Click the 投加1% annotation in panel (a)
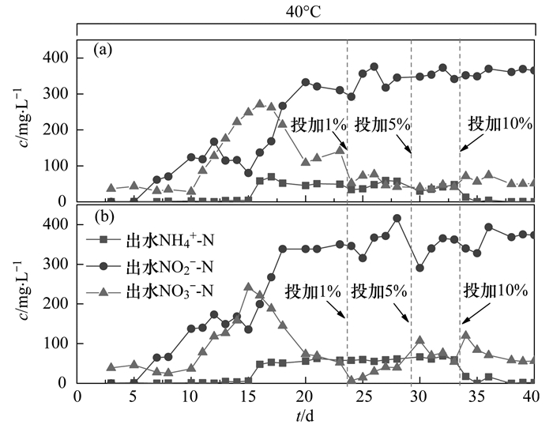[318, 125]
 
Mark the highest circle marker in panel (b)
[397, 219]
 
